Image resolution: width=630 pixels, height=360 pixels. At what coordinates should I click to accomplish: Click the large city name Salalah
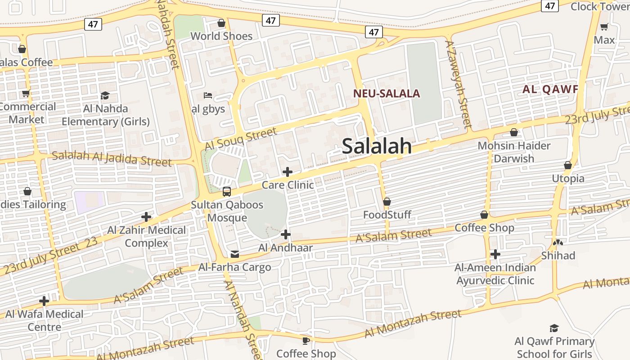click(x=377, y=146)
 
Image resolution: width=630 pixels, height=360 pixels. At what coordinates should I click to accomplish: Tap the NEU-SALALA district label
click(x=387, y=94)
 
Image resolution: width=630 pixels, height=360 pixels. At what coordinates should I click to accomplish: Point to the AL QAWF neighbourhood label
click(x=550, y=89)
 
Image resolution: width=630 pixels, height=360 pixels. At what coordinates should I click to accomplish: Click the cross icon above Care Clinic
click(x=287, y=172)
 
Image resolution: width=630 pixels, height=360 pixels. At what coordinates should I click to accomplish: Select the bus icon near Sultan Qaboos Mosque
click(x=227, y=192)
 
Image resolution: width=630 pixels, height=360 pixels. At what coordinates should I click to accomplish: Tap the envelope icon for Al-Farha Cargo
click(x=234, y=254)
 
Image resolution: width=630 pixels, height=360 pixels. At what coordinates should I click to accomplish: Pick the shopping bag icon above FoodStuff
click(x=387, y=202)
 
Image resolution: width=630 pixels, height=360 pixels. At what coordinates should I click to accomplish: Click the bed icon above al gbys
click(x=208, y=95)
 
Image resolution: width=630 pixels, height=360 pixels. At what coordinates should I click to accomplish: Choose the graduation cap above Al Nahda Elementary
click(x=105, y=95)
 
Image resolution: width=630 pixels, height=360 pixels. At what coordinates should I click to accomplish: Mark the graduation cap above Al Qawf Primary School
click(x=554, y=328)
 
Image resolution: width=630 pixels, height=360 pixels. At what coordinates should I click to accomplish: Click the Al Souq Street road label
click(x=240, y=139)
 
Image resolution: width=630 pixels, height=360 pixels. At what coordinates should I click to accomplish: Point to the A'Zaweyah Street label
click(x=458, y=84)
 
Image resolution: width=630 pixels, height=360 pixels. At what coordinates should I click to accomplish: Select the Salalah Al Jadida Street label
click(x=112, y=158)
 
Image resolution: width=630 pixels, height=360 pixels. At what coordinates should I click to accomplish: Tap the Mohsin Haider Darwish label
click(x=514, y=152)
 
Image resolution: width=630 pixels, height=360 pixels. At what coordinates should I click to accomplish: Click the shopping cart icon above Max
click(x=604, y=27)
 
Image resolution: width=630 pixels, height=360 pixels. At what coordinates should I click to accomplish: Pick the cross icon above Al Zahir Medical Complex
click(x=146, y=217)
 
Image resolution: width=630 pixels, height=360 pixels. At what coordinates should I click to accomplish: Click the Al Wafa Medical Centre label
click(x=44, y=320)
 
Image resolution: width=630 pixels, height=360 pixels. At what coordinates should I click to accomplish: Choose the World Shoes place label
click(x=221, y=36)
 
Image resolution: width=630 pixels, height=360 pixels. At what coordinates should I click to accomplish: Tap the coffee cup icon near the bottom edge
click(x=306, y=341)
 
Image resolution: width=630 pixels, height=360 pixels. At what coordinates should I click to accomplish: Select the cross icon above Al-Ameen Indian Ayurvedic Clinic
click(x=495, y=254)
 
